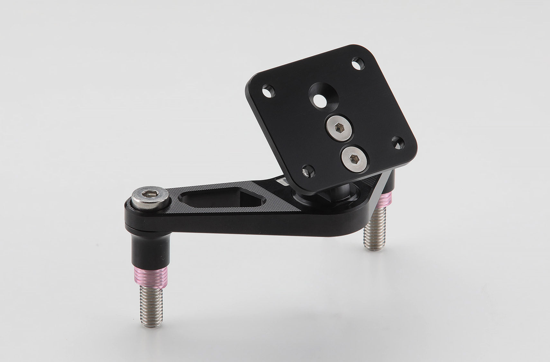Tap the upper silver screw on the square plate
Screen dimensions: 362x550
(x=339, y=128)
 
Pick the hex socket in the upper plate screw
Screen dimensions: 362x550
(x=339, y=128)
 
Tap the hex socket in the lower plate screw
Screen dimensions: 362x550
(x=353, y=159)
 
